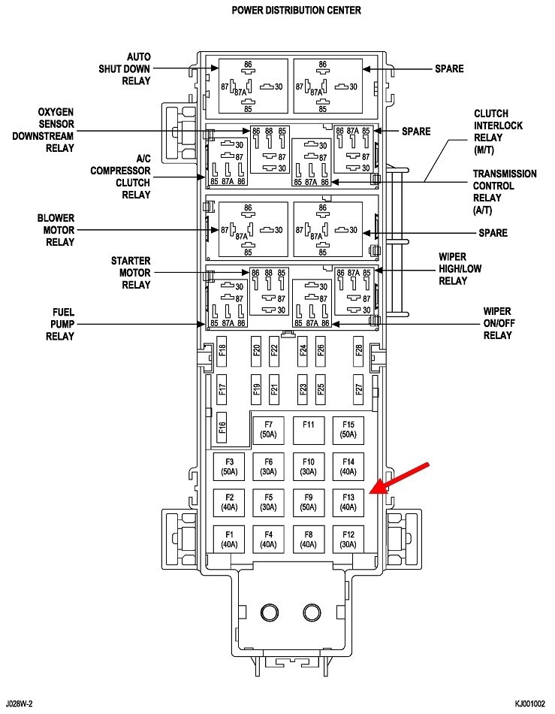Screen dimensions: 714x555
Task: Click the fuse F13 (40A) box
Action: pos(348,501)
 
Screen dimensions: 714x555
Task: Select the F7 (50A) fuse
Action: pos(268,430)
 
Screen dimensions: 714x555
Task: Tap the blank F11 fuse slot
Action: pos(308,430)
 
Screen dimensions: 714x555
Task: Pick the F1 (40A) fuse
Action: pos(229,538)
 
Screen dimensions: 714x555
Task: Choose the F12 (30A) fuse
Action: pos(348,538)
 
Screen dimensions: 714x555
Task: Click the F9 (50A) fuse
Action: pos(308,501)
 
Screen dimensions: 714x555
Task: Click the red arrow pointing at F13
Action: pos(402,478)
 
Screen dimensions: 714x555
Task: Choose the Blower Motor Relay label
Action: pos(56,230)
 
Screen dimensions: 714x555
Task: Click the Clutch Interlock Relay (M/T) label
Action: pos(498,132)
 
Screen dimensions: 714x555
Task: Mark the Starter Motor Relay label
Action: pos(130,273)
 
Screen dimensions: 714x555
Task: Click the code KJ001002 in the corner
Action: pos(529,703)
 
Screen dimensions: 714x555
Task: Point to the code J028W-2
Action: pos(20,703)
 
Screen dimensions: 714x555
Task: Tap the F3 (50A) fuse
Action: pos(229,466)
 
